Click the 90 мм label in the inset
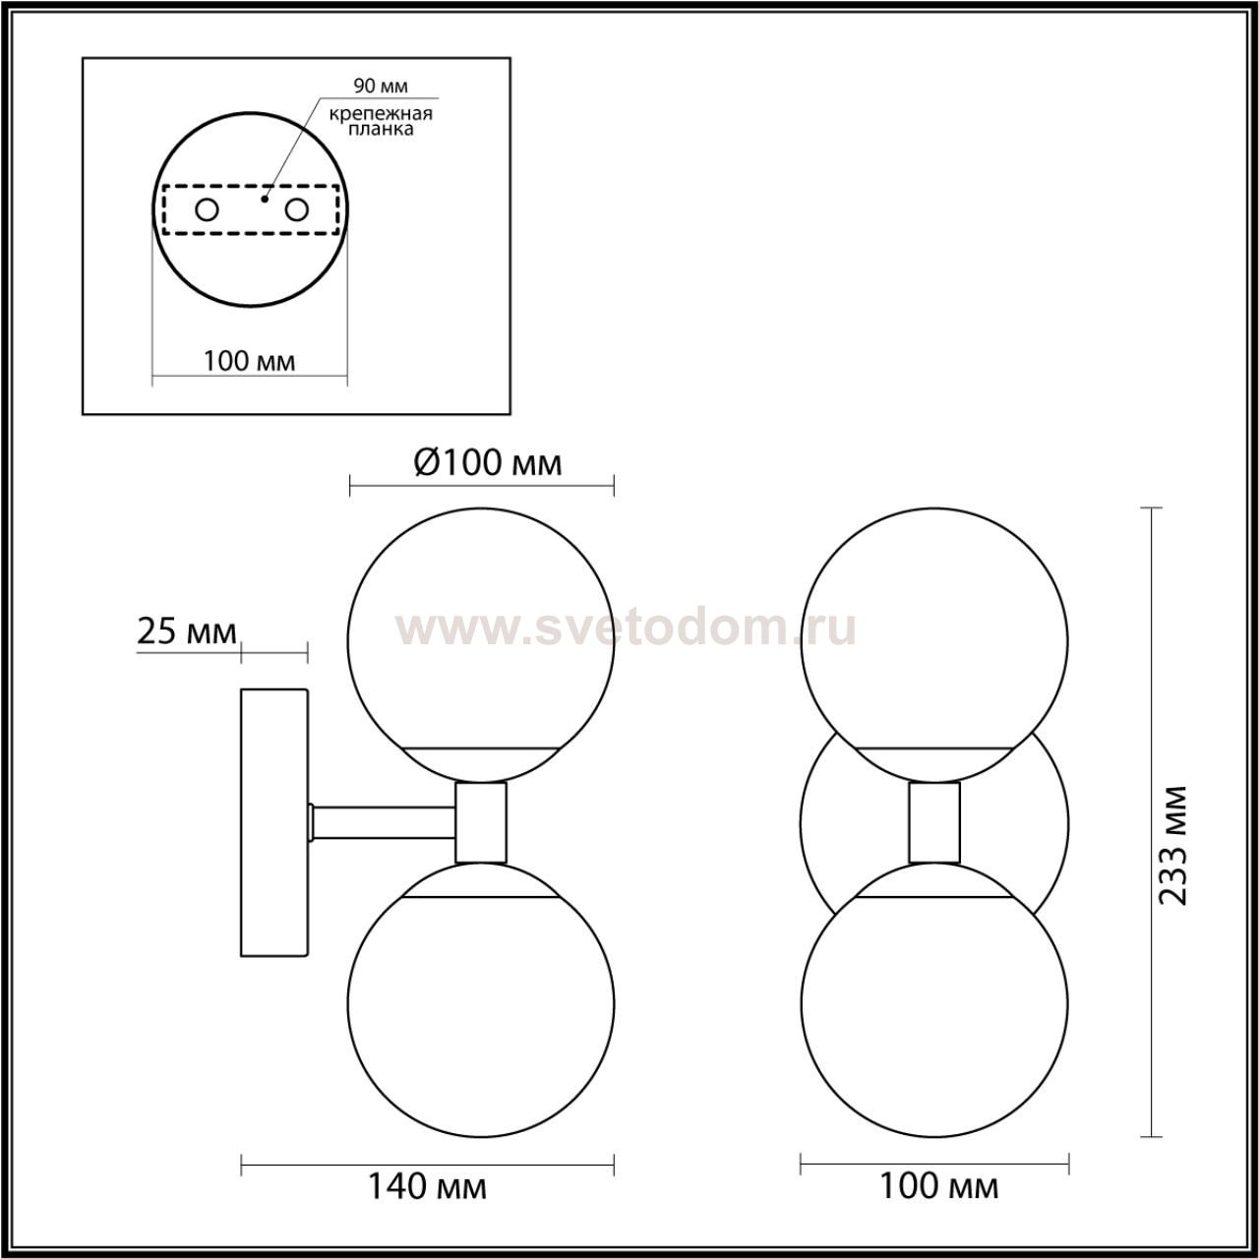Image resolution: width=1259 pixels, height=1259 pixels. coord(381,87)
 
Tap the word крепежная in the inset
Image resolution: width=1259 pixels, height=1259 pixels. coord(381,114)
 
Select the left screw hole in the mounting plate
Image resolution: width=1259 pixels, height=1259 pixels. coord(208,210)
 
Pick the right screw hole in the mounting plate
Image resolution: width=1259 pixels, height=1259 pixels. coord(296,210)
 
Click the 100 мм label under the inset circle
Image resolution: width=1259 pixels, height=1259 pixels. coord(250,361)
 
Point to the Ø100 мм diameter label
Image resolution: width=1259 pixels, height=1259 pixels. coord(488,463)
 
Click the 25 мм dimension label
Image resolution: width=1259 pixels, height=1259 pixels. coord(186,631)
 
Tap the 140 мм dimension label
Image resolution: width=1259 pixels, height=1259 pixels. coord(428,1186)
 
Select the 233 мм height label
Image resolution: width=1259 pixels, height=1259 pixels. coord(1171,845)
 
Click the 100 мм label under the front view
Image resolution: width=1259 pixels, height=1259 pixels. coord(939,1186)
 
